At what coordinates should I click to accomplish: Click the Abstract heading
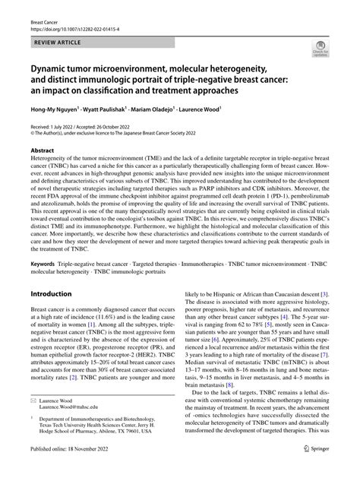[43, 150]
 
